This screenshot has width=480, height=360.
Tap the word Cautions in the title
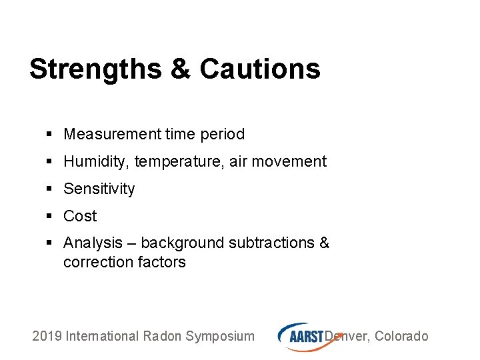pos(259,69)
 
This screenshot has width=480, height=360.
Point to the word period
pos(222,134)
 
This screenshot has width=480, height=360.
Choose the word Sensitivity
pos(99,189)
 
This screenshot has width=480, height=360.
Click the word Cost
pos(80,216)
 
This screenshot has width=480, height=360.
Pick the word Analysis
pos(93,243)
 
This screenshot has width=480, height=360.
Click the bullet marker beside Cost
pos(50,217)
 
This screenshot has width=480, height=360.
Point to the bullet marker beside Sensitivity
pos(50,189)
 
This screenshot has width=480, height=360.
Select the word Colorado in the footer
pos(401,336)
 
